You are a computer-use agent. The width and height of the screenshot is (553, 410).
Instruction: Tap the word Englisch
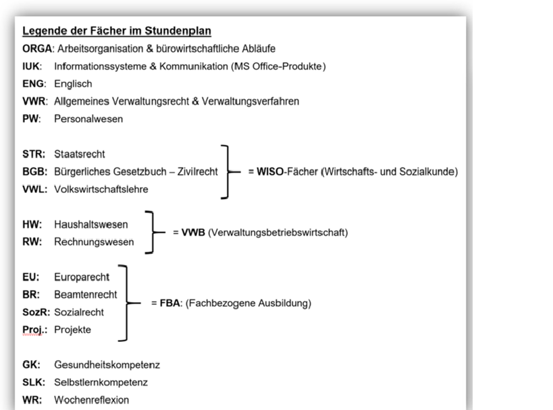pos(74,84)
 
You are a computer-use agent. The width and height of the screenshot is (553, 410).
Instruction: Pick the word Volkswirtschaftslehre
pos(101,189)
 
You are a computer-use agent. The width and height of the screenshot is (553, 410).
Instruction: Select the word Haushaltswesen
pos(91,223)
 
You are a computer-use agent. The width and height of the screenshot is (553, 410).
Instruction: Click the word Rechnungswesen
pos(94,241)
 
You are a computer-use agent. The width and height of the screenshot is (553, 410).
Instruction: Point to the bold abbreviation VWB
pos(192,233)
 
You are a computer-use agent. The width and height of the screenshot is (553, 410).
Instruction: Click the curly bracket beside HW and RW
pos(153,233)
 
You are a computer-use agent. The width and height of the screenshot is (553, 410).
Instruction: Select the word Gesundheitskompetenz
pos(107,365)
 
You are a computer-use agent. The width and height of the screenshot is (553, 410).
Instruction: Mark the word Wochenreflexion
pos(91,400)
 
